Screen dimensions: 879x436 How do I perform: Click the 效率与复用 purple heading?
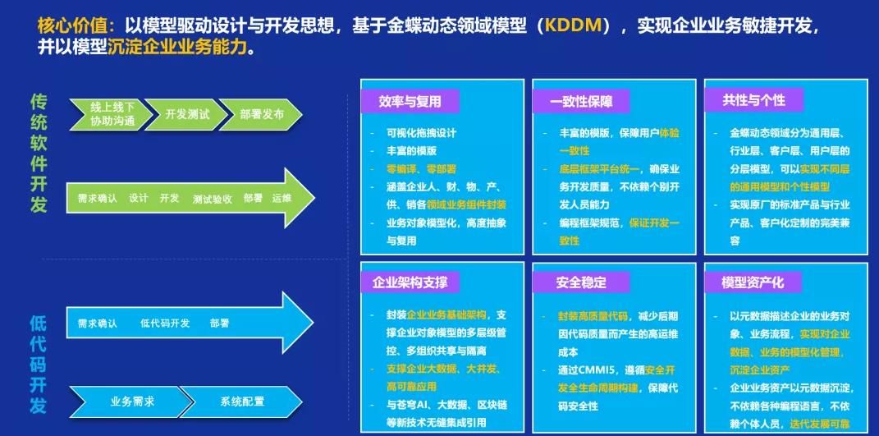410,102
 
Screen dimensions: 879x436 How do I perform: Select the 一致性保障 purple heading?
581,102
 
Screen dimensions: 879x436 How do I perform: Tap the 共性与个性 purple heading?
753,100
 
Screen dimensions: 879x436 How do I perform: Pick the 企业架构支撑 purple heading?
410,282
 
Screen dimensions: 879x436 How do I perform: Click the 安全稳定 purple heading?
581,282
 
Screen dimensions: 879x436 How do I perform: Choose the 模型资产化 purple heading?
753,282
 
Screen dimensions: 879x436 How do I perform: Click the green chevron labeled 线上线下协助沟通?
111,114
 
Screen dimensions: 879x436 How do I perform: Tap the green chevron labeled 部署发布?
261,114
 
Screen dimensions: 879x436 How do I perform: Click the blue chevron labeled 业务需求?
132,402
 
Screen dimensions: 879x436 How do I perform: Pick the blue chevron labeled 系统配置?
241,402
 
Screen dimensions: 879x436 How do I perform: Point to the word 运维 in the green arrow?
282,199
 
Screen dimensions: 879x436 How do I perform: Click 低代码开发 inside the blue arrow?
165,324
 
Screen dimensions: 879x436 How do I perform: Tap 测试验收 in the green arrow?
212,200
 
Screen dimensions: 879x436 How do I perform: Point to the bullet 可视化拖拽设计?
421,133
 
